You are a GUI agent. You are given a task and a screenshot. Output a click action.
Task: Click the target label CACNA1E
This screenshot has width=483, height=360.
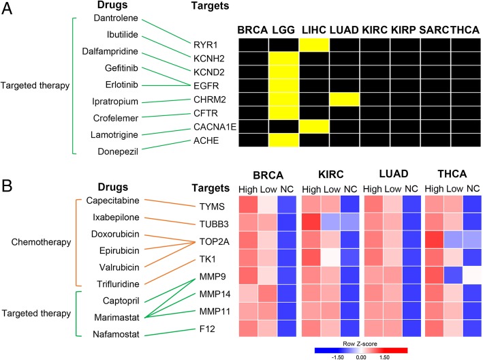(x=211, y=125)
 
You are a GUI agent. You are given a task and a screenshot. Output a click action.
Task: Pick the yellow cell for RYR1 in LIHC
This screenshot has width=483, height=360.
(x=313, y=45)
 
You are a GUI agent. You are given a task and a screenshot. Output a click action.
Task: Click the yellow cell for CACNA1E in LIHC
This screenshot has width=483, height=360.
(x=313, y=126)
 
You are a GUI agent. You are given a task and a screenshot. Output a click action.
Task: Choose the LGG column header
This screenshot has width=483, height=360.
(x=283, y=31)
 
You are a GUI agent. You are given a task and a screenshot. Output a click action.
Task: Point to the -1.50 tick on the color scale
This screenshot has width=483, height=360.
(x=336, y=355)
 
